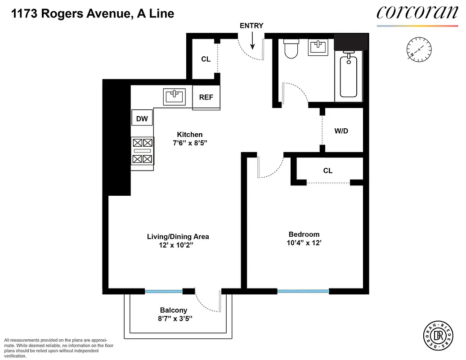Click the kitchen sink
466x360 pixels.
click(x=174, y=96)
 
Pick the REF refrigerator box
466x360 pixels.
click(x=206, y=97)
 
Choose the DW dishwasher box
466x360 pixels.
click(x=142, y=118)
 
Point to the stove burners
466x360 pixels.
click(x=143, y=151)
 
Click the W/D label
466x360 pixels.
click(x=341, y=131)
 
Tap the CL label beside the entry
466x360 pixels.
click(x=206, y=59)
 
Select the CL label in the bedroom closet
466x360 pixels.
click(x=327, y=171)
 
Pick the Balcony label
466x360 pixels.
click(x=174, y=310)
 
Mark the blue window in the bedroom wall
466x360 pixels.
click(x=303, y=292)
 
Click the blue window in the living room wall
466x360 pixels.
click(x=164, y=292)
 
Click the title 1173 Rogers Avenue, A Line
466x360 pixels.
click(x=93, y=13)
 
